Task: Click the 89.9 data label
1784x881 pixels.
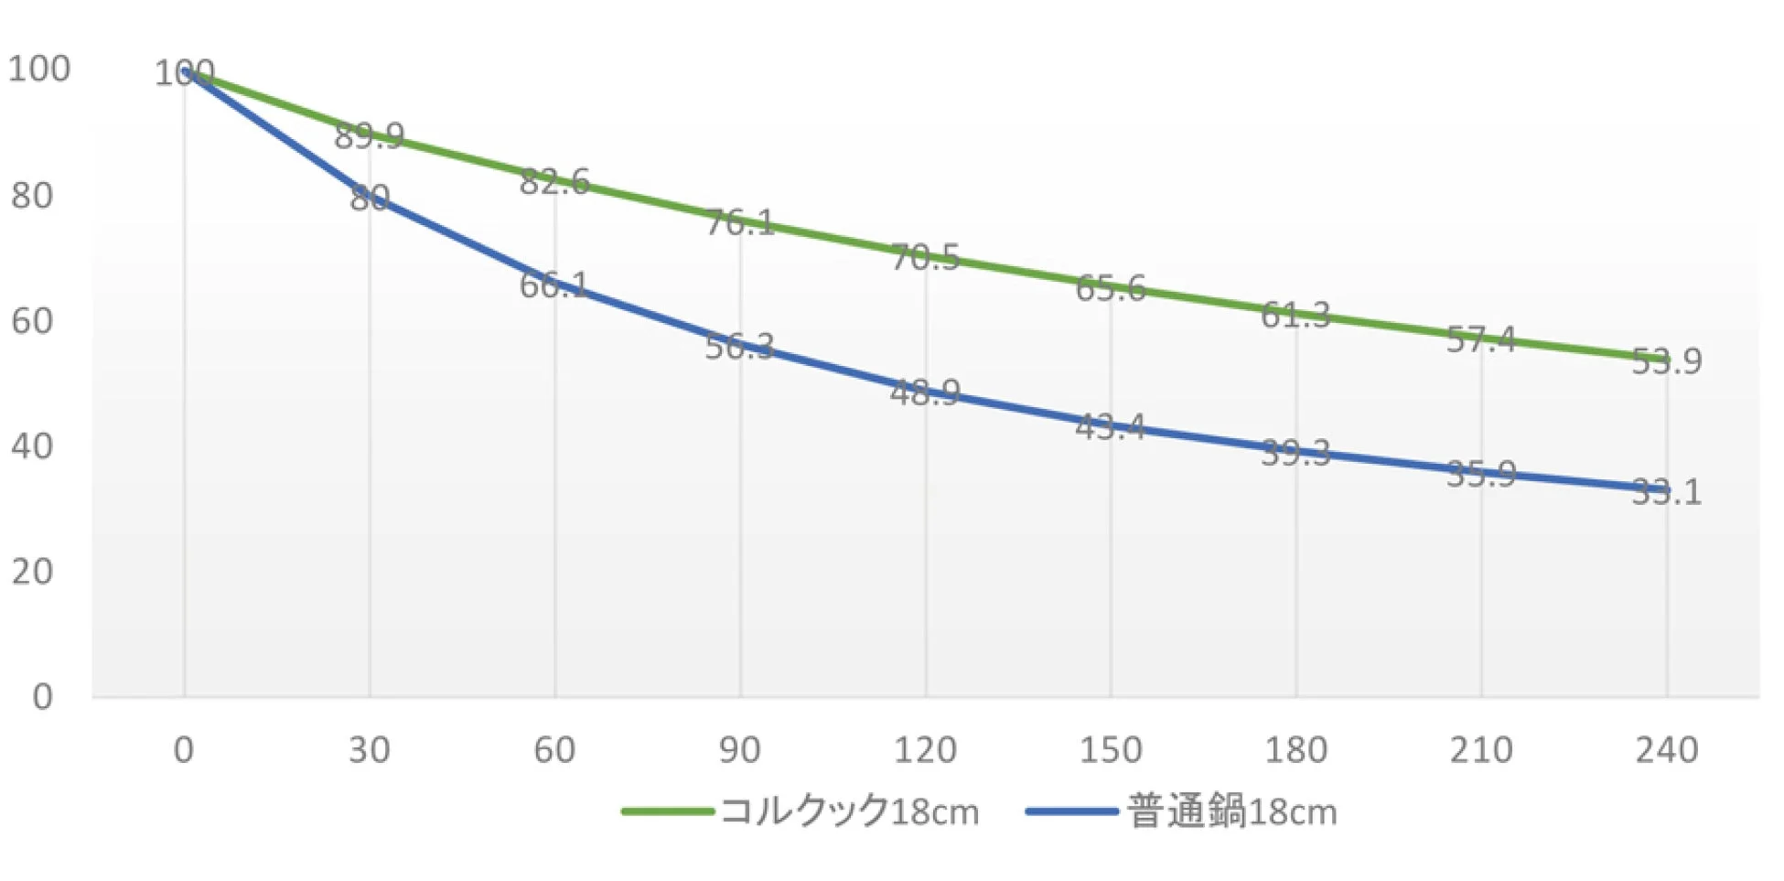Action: (369, 136)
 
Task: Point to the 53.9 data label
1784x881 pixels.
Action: (1666, 362)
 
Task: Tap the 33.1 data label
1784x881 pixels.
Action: (1666, 493)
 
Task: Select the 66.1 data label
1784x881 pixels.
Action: (553, 285)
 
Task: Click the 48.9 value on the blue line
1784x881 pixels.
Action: (924, 393)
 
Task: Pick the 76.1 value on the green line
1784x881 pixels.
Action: (739, 222)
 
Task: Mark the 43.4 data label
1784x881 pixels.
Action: (1110, 426)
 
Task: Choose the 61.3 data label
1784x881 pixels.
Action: (1295, 316)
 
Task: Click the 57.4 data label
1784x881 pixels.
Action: (1480, 340)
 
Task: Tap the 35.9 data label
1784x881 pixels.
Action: (1480, 474)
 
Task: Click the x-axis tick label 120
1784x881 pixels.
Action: (925, 750)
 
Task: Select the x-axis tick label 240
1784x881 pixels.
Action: (1666, 750)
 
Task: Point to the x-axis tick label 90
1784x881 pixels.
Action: (739, 750)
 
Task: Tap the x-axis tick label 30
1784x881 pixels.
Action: (369, 750)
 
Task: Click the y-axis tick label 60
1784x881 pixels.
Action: (32, 321)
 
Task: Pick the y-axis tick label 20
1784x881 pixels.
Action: (32, 572)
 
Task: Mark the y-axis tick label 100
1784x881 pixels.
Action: (39, 70)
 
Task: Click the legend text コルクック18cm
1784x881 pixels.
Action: (849, 811)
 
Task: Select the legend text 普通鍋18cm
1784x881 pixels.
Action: (1231, 811)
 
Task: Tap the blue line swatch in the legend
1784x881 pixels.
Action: (1071, 811)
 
